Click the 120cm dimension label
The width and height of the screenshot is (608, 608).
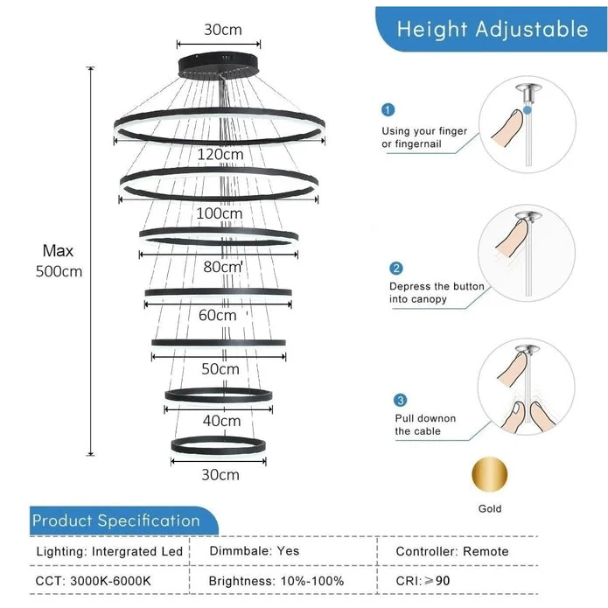[x=220, y=155]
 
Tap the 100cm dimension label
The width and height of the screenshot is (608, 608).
[x=220, y=213]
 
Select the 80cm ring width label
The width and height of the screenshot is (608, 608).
[x=222, y=267]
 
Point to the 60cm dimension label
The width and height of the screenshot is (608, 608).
[x=218, y=315]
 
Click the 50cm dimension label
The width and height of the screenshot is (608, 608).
[x=220, y=369]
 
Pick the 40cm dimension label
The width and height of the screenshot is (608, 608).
[x=221, y=421]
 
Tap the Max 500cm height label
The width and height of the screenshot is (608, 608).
[x=59, y=261]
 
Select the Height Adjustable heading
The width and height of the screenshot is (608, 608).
[x=493, y=29]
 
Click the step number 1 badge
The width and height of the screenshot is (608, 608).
[x=388, y=110]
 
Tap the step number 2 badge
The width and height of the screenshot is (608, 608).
[x=396, y=269]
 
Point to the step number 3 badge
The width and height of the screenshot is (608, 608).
[x=401, y=400]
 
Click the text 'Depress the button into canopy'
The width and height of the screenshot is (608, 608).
[x=437, y=292]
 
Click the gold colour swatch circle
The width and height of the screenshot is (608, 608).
[x=490, y=475]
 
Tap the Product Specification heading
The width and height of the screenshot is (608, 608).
[x=116, y=521]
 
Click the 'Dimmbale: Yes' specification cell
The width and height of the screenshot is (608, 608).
[x=254, y=551]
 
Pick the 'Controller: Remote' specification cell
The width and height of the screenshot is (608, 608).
[x=452, y=551]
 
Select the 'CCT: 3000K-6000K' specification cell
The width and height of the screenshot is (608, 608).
[x=94, y=580]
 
